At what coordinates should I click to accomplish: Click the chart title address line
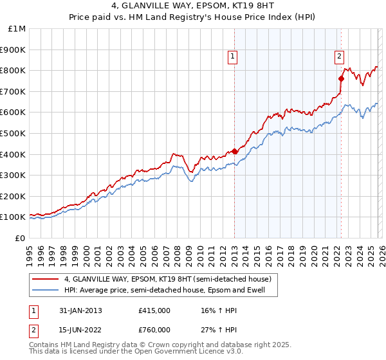[x=192, y=5]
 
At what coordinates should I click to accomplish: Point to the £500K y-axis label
[x=13, y=133]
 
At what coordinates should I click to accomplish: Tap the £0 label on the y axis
[x=21, y=238]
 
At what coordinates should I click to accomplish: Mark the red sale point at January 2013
[x=235, y=151]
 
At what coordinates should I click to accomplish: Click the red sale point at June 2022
[x=342, y=78]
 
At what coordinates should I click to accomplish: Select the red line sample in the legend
[x=45, y=279]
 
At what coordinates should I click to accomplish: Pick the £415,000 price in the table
[x=154, y=310]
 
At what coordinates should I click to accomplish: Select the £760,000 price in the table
[x=154, y=332]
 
